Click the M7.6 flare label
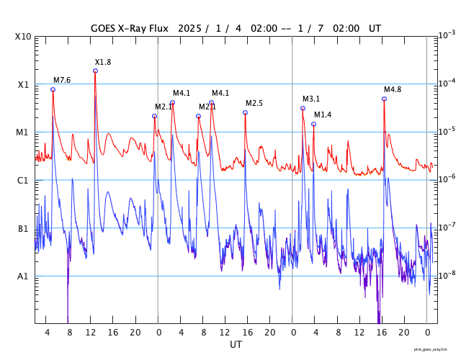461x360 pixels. tap(62, 80)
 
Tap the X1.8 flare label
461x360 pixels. tap(103, 63)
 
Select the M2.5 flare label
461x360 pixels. tap(254, 104)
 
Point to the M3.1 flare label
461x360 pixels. tap(311, 99)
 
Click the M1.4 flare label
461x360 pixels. tap(323, 115)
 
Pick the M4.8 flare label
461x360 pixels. tap(393, 90)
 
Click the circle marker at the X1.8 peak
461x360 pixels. tap(95, 71)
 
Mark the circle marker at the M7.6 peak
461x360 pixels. tap(53, 89)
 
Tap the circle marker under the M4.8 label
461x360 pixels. tap(384, 99)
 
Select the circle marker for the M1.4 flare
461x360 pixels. tap(313, 124)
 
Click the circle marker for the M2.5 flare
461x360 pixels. tap(245, 112)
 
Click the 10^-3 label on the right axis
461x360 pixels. tap(447, 35)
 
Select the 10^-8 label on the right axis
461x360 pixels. tap(447, 275)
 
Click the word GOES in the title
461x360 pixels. tap(104, 29)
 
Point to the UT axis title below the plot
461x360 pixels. tap(236, 345)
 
